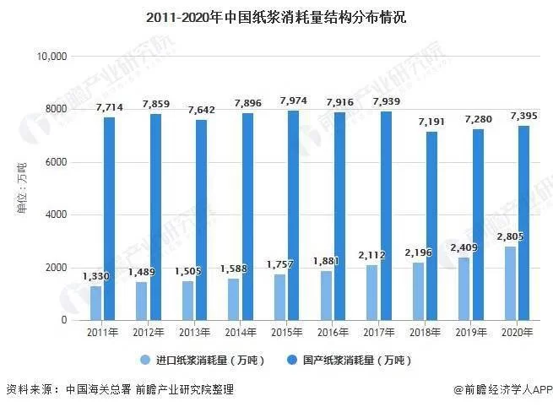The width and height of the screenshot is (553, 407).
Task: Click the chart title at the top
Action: coord(276,16)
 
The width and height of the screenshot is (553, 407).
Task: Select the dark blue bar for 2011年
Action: coord(109,218)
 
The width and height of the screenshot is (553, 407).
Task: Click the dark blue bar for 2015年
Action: coord(293,214)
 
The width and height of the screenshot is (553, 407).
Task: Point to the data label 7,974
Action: coord(294,100)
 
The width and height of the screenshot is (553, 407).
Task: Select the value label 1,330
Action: coord(95,276)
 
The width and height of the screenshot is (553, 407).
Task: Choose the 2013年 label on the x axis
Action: coord(194,333)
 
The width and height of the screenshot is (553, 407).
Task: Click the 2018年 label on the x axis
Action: coord(425,333)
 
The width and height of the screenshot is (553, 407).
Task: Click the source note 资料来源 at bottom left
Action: coord(119,389)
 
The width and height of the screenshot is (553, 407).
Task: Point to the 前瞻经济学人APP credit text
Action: coord(501,389)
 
